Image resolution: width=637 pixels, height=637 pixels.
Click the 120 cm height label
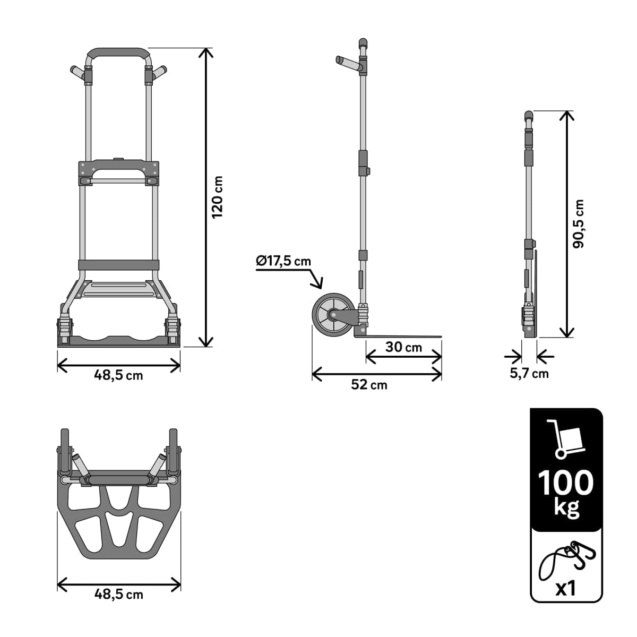tap(217, 197)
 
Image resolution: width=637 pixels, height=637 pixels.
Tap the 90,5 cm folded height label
tap(578, 223)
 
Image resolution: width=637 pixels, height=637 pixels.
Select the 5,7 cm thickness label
tap(529, 373)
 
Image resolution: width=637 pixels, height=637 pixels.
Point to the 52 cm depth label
tap(369, 384)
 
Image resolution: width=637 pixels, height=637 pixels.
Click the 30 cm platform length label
tap(403, 347)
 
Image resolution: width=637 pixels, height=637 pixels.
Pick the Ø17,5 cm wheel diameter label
tap(283, 261)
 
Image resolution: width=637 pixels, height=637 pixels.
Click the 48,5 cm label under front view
tap(118, 375)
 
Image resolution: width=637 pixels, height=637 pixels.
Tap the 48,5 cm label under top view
tap(118, 594)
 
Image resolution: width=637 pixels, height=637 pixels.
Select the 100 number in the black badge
tap(566, 483)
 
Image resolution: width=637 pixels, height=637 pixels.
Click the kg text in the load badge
tap(566, 507)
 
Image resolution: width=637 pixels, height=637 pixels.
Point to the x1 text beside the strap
tap(566, 588)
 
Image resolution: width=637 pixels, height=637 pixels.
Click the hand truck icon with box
tap(566, 438)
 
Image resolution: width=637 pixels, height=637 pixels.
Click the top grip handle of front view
tap(118, 53)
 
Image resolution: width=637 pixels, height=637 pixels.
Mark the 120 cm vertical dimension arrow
tap(205, 197)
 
